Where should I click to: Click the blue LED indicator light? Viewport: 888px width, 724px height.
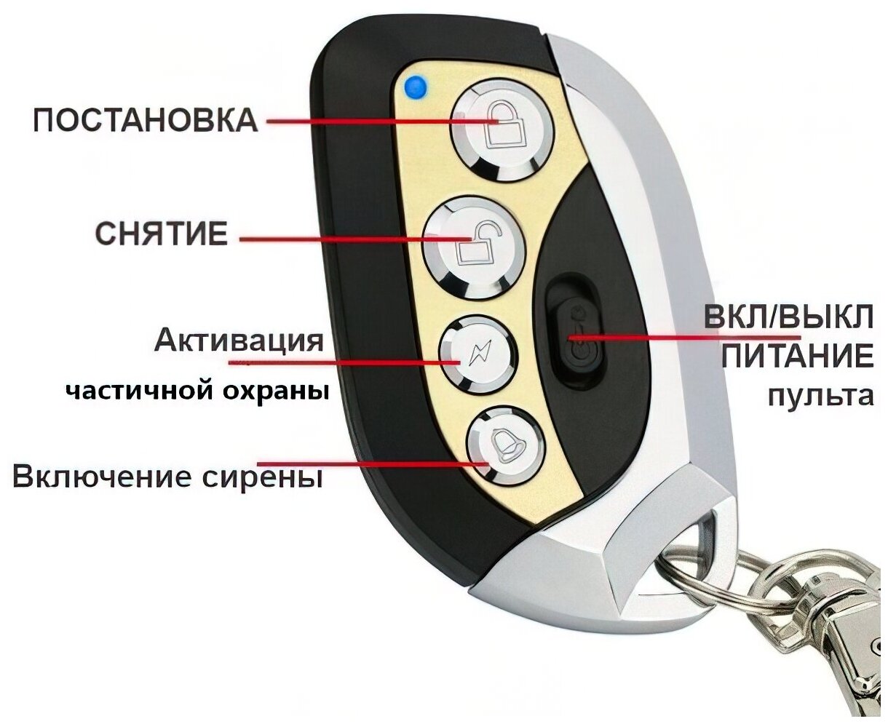(416, 87)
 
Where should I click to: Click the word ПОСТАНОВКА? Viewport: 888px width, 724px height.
(146, 120)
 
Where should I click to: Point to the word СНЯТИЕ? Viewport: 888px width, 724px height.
(162, 234)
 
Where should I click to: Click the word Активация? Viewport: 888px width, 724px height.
(239, 340)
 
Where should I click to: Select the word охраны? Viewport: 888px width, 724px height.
(281, 391)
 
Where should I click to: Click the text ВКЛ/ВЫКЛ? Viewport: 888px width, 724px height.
(788, 318)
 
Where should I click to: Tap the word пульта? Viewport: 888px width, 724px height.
(820, 396)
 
